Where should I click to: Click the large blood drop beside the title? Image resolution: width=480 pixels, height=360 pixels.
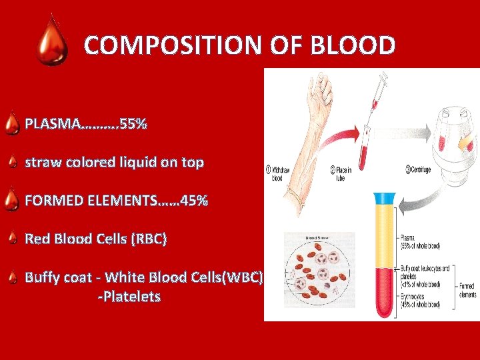(x=51, y=42)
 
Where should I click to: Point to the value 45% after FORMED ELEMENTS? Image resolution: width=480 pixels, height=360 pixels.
(x=193, y=200)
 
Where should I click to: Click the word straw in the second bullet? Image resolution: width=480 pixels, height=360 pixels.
(x=43, y=162)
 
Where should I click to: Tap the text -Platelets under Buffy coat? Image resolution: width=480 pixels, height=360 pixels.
(x=129, y=297)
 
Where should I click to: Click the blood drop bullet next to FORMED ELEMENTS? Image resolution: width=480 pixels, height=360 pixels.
(x=11, y=201)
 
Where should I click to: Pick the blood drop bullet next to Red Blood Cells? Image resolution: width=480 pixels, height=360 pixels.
(x=12, y=239)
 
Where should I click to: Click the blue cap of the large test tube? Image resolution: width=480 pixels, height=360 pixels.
(x=385, y=197)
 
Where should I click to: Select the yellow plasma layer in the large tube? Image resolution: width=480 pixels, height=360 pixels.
(x=385, y=233)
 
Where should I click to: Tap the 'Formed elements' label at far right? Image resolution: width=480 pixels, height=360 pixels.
(x=467, y=290)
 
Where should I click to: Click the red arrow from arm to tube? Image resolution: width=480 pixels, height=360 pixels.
(x=347, y=131)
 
